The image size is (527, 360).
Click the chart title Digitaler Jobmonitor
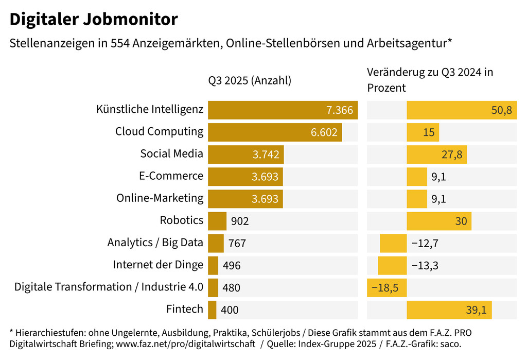pyautogui.click(x=94, y=20)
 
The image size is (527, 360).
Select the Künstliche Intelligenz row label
pyautogui.click(x=150, y=110)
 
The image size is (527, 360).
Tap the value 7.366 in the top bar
pyautogui.click(x=339, y=110)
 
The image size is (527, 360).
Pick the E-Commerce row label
pyautogui.click(x=171, y=176)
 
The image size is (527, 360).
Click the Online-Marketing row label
pyautogui.click(x=160, y=198)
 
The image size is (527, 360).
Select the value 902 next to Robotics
pyautogui.click(x=240, y=221)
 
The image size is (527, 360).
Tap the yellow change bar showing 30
pyautogui.click(x=438, y=221)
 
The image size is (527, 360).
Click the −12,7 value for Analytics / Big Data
pyautogui.click(x=425, y=243)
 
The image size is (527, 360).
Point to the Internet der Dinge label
pyautogui.click(x=158, y=265)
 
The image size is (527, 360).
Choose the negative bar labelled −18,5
pyautogui.click(x=387, y=287)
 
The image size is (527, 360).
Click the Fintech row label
pyautogui.click(x=185, y=310)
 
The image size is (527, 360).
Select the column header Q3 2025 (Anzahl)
pyautogui.click(x=250, y=80)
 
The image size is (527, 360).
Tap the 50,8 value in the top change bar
pyautogui.click(x=501, y=110)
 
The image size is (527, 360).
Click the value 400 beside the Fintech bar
pyautogui.click(x=230, y=310)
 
